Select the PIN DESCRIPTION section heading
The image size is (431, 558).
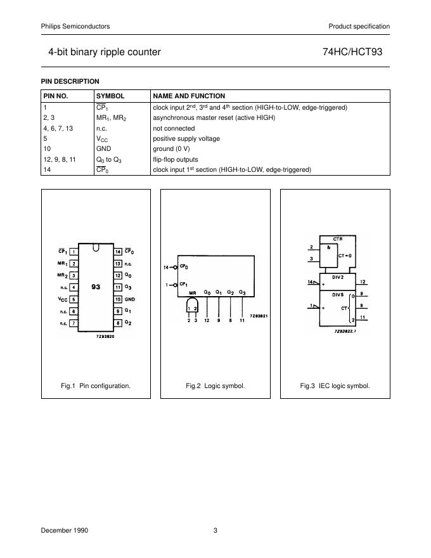(70, 81)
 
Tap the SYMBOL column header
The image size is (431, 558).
(110, 96)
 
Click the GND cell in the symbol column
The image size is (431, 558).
(104, 149)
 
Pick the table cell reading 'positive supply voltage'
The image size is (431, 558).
(186, 138)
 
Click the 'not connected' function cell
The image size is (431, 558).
(174, 128)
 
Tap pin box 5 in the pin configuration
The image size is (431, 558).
(74, 299)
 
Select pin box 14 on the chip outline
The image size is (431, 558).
(118, 251)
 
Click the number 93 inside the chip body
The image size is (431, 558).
(96, 287)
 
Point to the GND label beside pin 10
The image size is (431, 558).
(131, 299)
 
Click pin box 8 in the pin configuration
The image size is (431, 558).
(118, 323)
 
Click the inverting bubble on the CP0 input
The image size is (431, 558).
(174, 266)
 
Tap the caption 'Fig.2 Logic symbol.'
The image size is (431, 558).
(215, 386)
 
